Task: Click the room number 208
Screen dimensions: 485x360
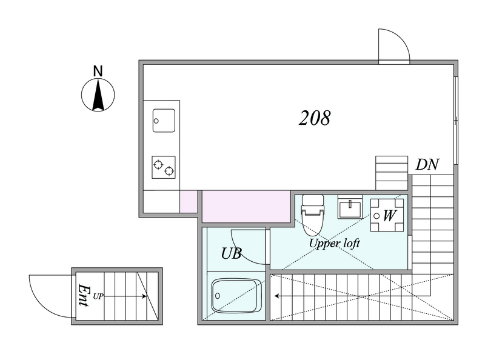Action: tap(315, 118)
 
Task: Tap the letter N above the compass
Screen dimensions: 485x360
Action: tap(98, 72)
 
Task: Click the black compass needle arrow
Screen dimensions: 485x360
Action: tap(98, 95)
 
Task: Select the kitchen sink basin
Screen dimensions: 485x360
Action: tap(164, 121)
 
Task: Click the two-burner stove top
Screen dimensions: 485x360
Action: tap(163, 167)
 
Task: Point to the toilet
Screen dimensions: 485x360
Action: tap(313, 215)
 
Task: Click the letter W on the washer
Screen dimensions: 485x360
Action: tap(389, 216)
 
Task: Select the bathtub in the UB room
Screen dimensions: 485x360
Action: tap(236, 296)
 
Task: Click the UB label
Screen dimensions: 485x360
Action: tap(231, 253)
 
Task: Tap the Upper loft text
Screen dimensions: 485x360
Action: tap(335, 244)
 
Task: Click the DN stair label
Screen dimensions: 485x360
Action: tap(427, 164)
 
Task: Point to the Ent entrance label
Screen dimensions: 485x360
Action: tap(84, 295)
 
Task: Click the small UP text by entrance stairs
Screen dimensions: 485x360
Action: tap(98, 296)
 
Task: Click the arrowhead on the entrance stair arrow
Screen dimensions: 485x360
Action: tap(144, 296)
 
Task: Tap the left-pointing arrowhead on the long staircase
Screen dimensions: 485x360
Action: tap(277, 296)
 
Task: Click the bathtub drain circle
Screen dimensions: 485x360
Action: tap(217, 296)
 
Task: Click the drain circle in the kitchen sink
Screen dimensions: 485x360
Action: tap(156, 121)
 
